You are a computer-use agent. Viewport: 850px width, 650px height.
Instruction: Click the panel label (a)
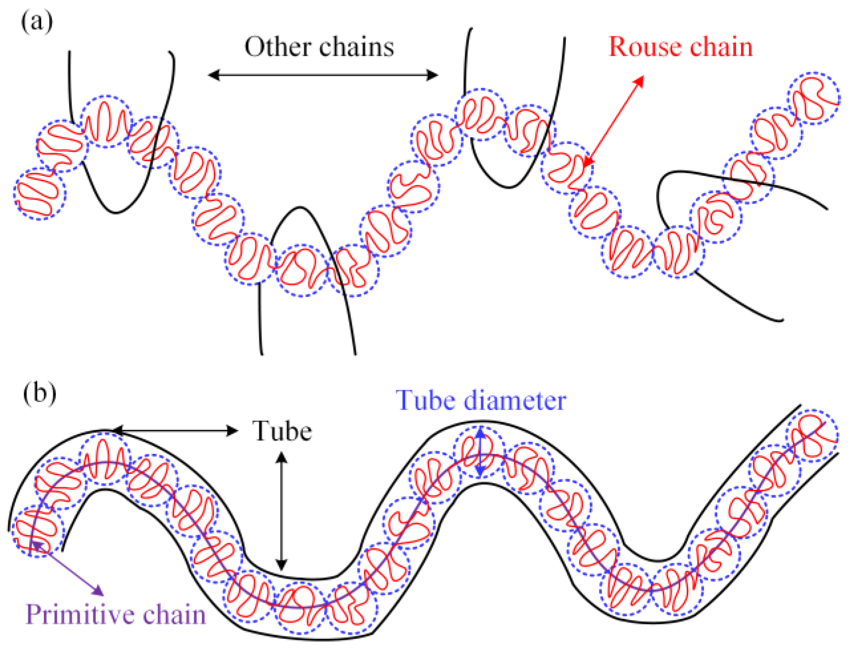37,21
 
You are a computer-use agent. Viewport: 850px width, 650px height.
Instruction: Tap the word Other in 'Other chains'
277,47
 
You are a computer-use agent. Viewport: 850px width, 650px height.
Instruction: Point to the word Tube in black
282,431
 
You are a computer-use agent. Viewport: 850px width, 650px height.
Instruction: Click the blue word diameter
515,401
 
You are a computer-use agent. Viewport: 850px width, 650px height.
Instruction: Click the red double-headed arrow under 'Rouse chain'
614,122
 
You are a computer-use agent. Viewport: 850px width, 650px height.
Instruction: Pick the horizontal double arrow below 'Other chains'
323,75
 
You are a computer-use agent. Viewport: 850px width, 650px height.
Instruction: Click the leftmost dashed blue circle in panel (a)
40,193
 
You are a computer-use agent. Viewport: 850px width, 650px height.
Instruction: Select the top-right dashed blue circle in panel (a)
814,98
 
